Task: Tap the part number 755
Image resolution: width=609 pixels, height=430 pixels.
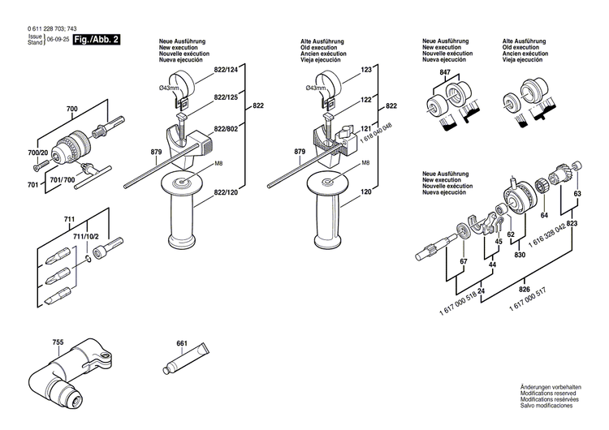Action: [57, 342]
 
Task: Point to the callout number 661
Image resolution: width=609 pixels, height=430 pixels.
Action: [182, 343]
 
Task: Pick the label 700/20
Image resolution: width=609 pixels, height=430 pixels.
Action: [38, 153]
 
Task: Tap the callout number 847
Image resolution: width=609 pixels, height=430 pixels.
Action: [444, 73]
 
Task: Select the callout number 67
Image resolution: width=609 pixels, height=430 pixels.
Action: [463, 263]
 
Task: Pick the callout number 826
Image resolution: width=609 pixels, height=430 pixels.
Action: [525, 290]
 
